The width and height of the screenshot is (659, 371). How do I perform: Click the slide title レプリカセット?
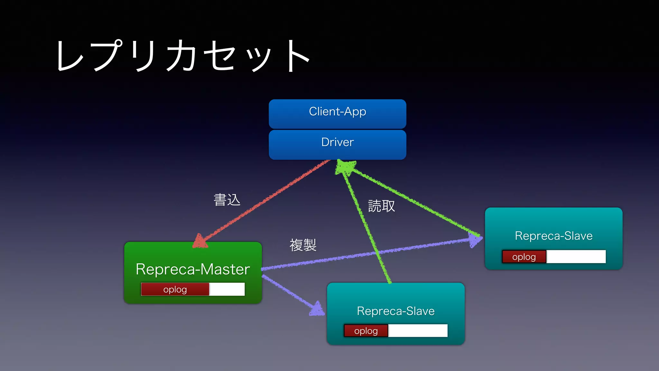pyautogui.click(x=183, y=56)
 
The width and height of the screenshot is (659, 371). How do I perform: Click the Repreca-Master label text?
pyautogui.click(x=193, y=269)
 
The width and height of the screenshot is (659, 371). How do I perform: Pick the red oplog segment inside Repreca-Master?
pyautogui.click(x=175, y=289)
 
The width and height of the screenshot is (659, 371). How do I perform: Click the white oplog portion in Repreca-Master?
pyautogui.click(x=227, y=289)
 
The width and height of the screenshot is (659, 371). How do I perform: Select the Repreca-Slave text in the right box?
pyautogui.click(x=553, y=236)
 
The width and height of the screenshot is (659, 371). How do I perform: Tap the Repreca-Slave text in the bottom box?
pyautogui.click(x=395, y=311)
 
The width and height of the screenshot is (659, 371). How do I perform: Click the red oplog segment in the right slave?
pyautogui.click(x=524, y=257)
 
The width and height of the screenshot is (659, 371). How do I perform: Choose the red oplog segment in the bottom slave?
pyautogui.click(x=366, y=331)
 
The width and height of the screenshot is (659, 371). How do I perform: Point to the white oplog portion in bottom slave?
pyautogui.click(x=418, y=331)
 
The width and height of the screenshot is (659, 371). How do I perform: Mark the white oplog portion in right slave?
pyautogui.click(x=576, y=257)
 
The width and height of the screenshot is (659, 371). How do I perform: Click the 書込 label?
pyautogui.click(x=227, y=200)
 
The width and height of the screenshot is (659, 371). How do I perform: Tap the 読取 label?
pyautogui.click(x=381, y=206)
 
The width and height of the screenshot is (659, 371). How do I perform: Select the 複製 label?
pyautogui.click(x=303, y=245)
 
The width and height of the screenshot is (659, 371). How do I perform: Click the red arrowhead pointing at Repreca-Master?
pyautogui.click(x=200, y=242)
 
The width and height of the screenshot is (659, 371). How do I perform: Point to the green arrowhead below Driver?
pyautogui.click(x=345, y=167)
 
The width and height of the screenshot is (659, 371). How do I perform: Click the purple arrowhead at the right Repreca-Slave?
pyautogui.click(x=475, y=240)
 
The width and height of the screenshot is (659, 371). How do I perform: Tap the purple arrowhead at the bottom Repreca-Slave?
pyautogui.click(x=317, y=309)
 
